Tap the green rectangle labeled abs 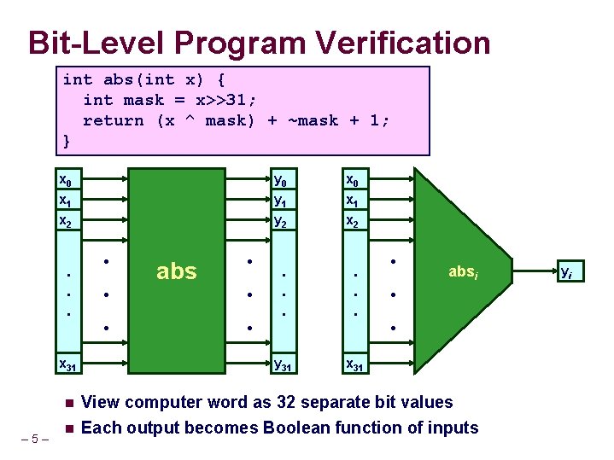177,271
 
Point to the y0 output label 278,180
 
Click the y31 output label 282,364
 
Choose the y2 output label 278,221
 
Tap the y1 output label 278,201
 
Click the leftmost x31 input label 65,364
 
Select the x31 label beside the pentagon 353,364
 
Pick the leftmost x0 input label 63,180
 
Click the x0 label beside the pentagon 350,180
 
